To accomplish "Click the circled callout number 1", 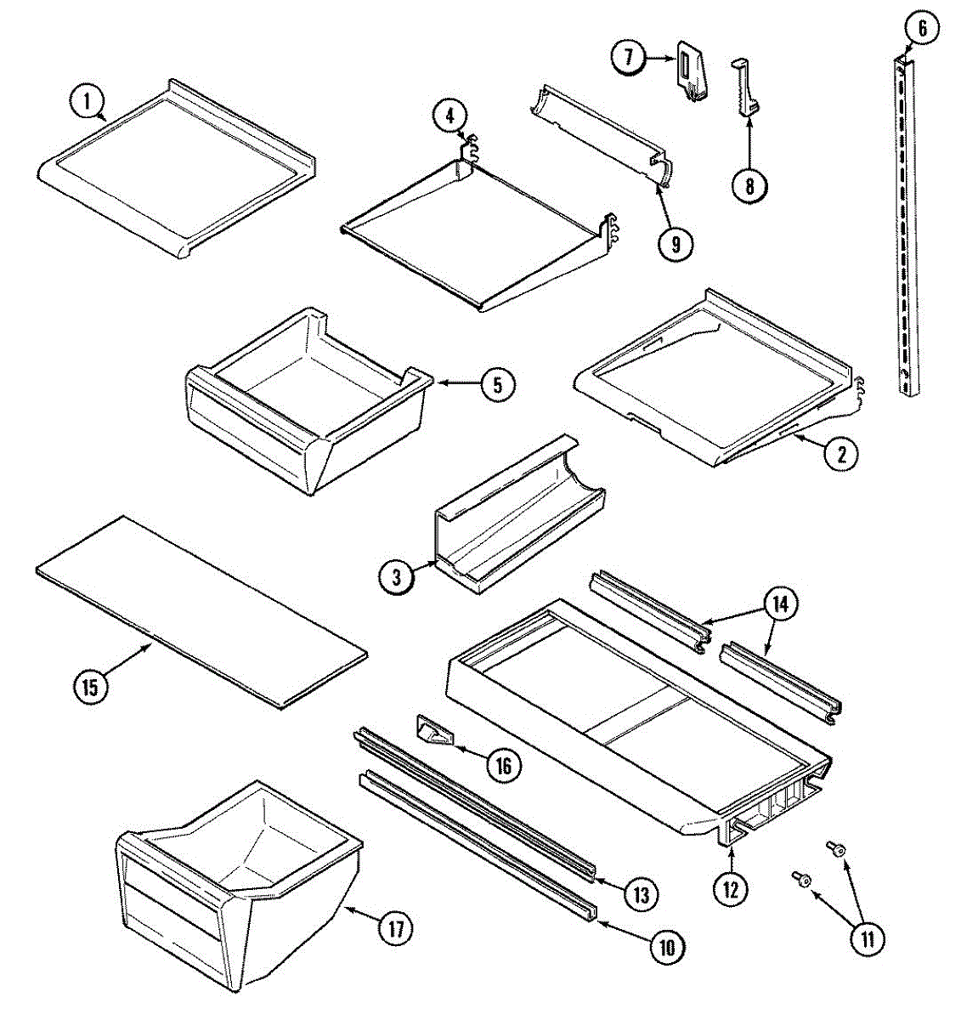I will (85, 103).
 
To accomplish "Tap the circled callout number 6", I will (921, 28).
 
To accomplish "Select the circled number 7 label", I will (629, 58).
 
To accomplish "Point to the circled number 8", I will (749, 184).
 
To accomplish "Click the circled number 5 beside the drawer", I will (497, 384).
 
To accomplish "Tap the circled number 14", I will (780, 604).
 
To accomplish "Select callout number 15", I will (90, 685).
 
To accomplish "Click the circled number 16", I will (502, 765).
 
